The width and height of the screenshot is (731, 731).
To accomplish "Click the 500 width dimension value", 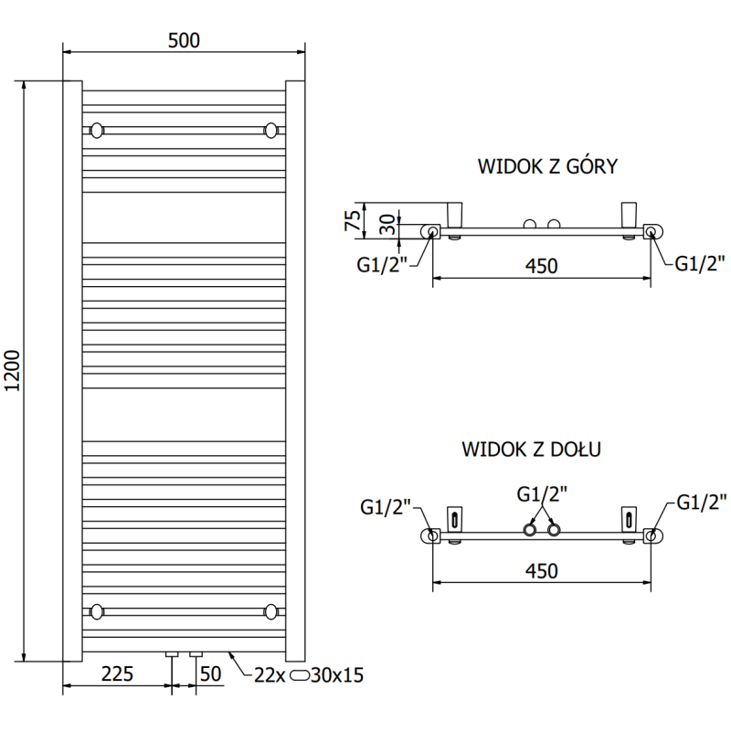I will click(x=183, y=40).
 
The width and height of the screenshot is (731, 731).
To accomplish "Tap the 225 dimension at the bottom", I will click(x=116, y=675).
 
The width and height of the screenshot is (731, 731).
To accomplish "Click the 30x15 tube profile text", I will click(x=338, y=675).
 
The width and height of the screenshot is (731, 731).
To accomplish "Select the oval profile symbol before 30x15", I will click(x=300, y=675).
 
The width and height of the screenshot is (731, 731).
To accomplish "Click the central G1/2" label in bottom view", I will click(x=542, y=494).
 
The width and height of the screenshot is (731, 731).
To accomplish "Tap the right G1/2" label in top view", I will click(x=701, y=264).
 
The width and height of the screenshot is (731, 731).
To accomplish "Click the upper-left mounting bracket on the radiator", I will click(x=97, y=131).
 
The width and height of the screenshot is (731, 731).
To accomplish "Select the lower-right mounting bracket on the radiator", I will click(x=270, y=610).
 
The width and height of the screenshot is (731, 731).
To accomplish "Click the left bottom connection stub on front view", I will click(x=170, y=655).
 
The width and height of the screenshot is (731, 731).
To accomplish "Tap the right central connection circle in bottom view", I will click(x=553, y=530).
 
